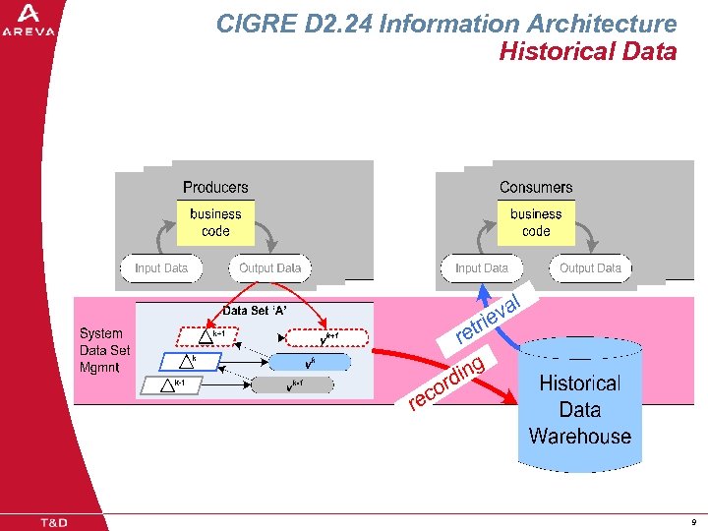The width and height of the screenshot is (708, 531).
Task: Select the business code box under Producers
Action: click(x=215, y=222)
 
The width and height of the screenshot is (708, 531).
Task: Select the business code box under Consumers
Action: click(x=536, y=222)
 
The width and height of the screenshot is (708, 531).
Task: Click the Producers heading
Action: click(x=215, y=187)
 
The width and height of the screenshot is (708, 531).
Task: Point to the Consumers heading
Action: click(x=536, y=187)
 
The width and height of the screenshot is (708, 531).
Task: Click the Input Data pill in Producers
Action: click(x=161, y=267)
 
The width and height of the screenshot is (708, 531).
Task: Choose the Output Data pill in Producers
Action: click(x=269, y=267)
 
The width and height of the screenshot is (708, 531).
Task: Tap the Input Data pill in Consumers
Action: click(x=482, y=267)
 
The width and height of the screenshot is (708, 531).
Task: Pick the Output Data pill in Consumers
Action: click(x=590, y=267)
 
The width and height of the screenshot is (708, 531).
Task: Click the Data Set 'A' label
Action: click(x=254, y=311)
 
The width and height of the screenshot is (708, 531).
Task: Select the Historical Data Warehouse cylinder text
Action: click(x=579, y=410)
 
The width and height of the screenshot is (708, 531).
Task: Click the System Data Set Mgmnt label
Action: click(x=104, y=350)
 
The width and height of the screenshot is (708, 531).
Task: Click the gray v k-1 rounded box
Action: click(x=293, y=385)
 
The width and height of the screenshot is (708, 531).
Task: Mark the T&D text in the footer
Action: click(x=53, y=522)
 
